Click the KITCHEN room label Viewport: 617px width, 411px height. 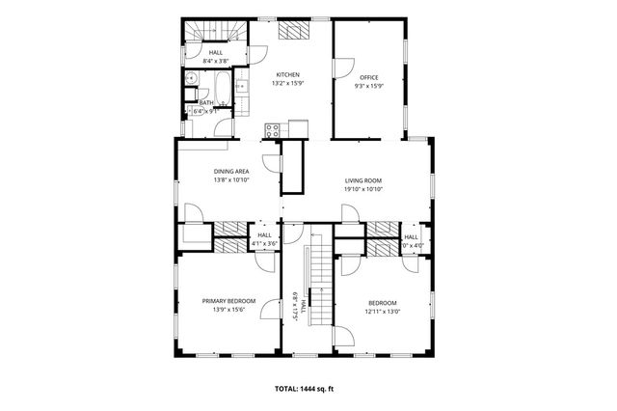(x=288, y=74)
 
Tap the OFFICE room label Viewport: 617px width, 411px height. (x=369, y=76)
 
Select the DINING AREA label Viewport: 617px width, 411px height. (x=231, y=171)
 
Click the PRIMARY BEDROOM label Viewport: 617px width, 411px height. (x=228, y=301)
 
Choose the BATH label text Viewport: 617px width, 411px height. (x=206, y=102)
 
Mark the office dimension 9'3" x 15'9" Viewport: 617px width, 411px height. (x=369, y=85)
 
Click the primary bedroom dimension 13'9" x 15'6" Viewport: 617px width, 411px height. (x=228, y=311)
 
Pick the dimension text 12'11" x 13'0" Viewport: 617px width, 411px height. (x=382, y=311)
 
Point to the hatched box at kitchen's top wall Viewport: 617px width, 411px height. (x=289, y=30)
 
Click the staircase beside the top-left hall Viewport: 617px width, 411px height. (x=205, y=30)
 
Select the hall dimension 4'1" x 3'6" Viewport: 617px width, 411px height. (x=264, y=244)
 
